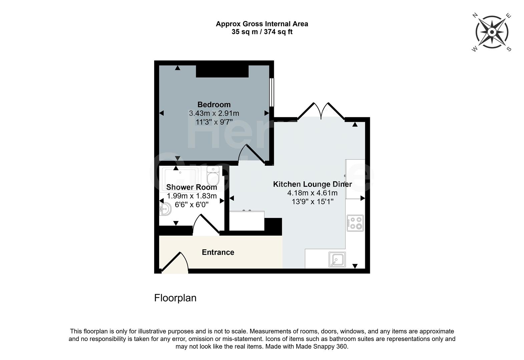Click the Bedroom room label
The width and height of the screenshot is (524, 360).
pos(214,104)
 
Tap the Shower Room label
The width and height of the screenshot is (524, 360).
pos(191,187)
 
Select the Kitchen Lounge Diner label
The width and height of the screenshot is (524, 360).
pos(312,184)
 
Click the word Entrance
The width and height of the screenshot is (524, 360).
pos(218,252)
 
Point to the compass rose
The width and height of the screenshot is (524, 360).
pos(492,32)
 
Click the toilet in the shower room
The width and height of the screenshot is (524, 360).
pos(213,176)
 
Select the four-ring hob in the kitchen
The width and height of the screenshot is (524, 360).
pos(355,223)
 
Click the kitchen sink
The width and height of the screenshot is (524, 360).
pos(337,260)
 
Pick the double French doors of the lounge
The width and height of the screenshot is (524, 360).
pos(321,111)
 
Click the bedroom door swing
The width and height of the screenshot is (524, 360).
pos(252,154)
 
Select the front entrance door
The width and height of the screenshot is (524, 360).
pos(175,263)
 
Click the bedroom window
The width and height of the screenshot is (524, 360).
pos(272,92)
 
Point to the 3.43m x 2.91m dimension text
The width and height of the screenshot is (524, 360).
pos(214,113)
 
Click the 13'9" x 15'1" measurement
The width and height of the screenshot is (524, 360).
pos(312,202)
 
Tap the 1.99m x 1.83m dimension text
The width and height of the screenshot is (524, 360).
pos(191,196)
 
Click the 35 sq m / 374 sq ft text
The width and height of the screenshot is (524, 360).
pos(262,32)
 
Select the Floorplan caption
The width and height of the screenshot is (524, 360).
pos(175,298)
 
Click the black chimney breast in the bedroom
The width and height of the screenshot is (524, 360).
pos(222,71)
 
